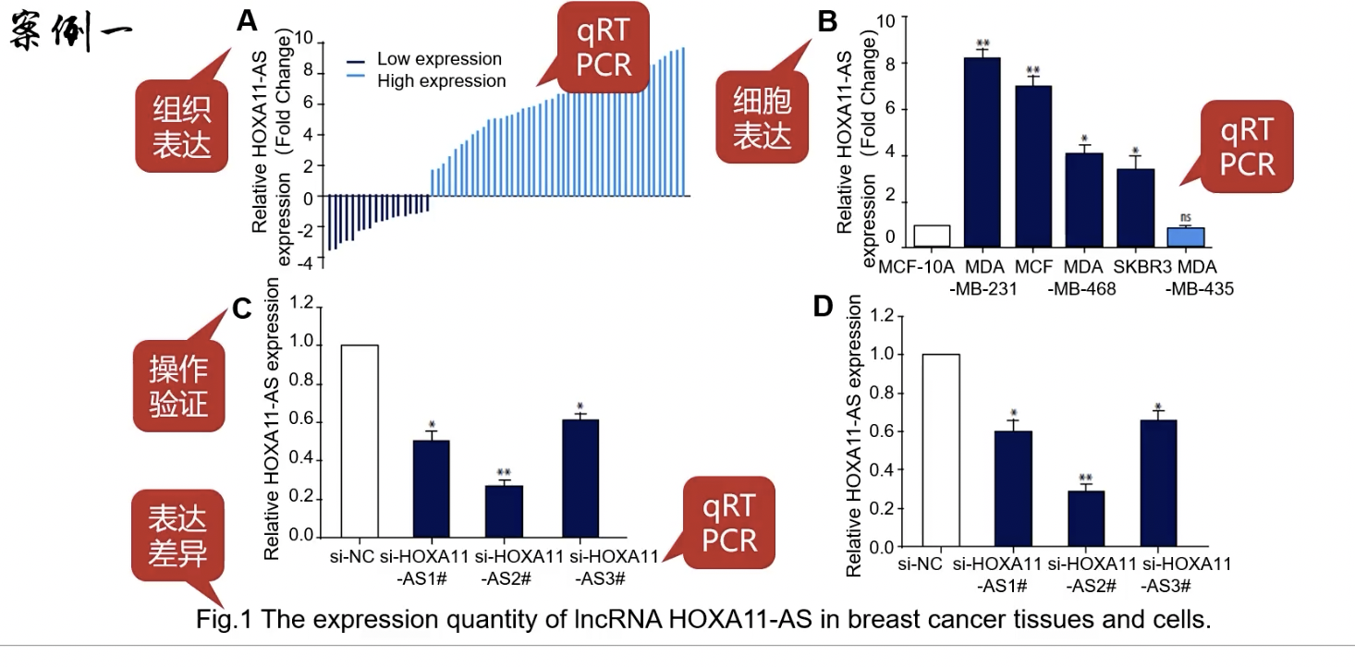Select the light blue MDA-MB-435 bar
(1186, 237)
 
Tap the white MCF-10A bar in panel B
(932, 236)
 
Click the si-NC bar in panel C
(360, 441)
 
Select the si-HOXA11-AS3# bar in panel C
(580, 478)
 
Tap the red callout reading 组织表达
(181, 127)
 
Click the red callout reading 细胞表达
(762, 118)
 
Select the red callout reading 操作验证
(177, 385)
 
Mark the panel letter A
(246, 20)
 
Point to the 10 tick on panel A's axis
(302, 42)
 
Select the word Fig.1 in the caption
(224, 620)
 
